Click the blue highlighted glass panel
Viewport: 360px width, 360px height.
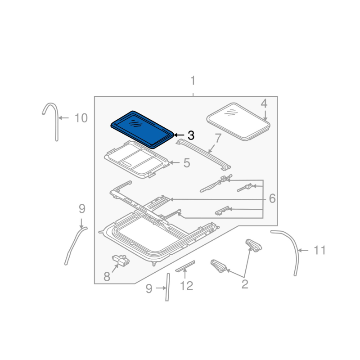coord(142,130)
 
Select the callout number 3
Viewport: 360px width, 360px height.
coord(191,135)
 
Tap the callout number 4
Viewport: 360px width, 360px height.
coord(264,103)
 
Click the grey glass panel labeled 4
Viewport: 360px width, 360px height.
coord(238,121)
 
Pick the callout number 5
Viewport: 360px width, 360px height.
coord(187,163)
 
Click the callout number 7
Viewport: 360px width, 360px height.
coord(218,138)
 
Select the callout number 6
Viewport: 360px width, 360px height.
coord(272,198)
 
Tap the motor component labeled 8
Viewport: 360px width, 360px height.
coord(121,261)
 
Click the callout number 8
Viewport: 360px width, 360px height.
coord(107,277)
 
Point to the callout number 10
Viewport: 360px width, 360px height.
coord(81,118)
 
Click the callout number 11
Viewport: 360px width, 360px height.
coord(319,250)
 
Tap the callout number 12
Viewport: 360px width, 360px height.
coord(186,286)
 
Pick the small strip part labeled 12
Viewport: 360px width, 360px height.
coord(185,266)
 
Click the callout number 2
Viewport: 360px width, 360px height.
coord(245,284)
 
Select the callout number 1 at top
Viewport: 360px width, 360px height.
coord(193,81)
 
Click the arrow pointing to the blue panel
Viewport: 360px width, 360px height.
coord(180,135)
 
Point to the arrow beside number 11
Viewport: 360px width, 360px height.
coord(303,250)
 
